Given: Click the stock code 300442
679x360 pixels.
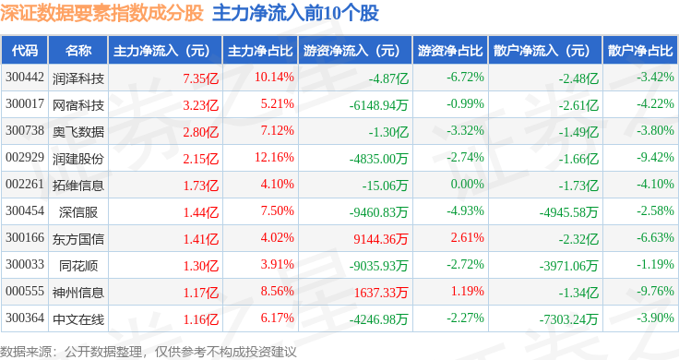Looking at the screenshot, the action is pos(25,78).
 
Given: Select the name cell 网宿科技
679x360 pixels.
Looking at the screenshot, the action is pos(78,105).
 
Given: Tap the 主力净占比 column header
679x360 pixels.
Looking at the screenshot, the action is pos(260,51).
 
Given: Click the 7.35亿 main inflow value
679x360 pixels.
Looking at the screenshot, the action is pos(200,78).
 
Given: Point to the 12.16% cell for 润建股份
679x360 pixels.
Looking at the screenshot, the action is pos(274,157).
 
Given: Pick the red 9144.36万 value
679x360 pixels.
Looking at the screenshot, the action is pos(381,239).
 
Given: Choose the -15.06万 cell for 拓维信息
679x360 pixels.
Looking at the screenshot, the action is pos(386,186).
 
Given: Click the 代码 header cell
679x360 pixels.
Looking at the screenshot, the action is pos(25,51).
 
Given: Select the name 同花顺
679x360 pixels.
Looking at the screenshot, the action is pos(78,266).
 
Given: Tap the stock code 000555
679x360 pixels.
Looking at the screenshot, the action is pos(25,291).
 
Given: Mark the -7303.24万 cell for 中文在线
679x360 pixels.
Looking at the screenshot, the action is pos(568,319).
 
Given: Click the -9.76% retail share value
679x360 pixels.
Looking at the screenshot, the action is pos(655,291).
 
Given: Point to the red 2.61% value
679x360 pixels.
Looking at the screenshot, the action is pos(467,238).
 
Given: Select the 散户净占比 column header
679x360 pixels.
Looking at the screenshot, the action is pos(640,51).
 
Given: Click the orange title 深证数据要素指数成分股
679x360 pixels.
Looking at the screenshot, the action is pos(101,13).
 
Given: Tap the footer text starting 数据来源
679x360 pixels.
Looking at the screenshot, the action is pos(149,352).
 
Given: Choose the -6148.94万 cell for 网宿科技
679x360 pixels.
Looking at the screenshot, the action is pos(379,105).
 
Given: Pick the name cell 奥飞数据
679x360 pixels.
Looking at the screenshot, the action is pos(78,132).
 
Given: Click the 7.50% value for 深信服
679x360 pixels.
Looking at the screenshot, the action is pos(277,211).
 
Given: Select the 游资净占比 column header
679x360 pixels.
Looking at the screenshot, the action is pos(450,51).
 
